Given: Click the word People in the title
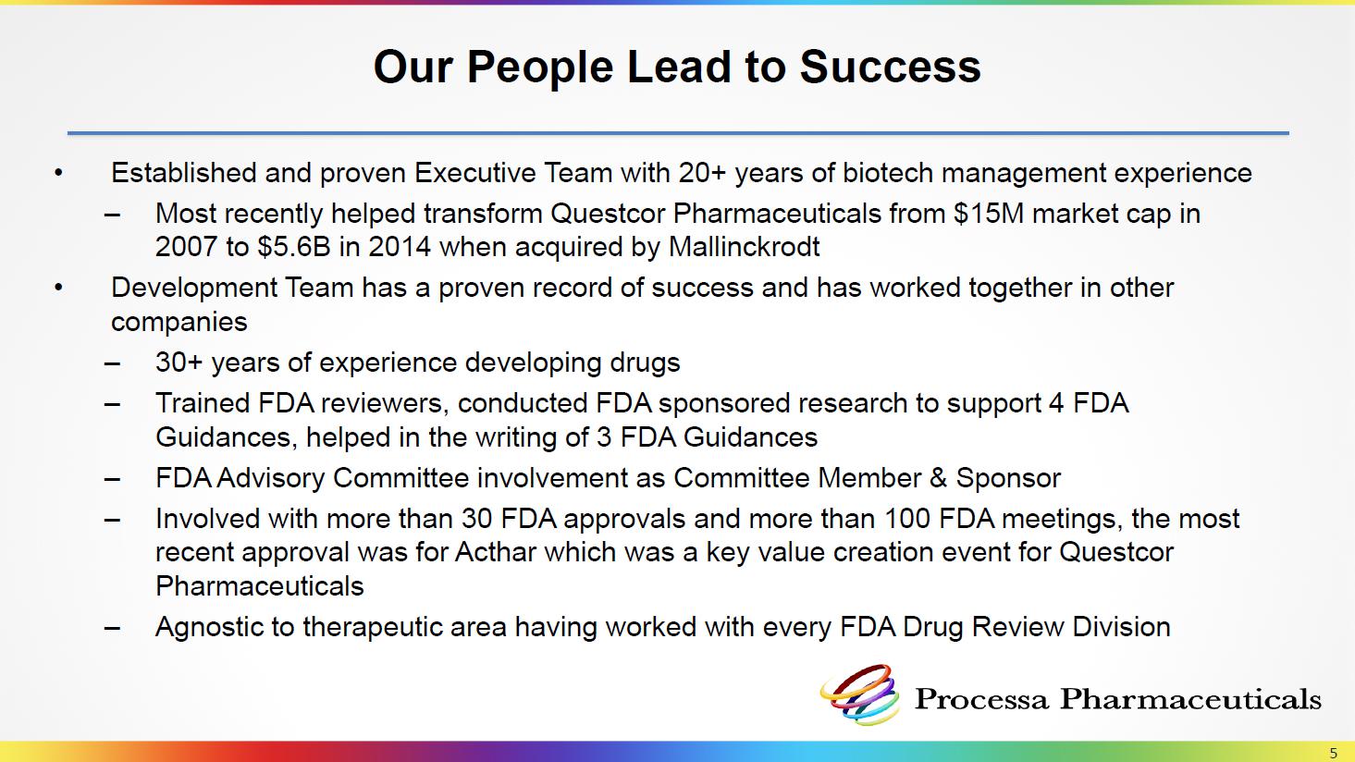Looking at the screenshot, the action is pyautogui.click(x=540, y=68).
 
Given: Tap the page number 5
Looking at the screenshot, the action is pyautogui.click(x=1333, y=753).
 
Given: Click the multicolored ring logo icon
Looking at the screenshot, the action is pyautogui.click(x=859, y=694).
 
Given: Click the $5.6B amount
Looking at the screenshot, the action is pyautogui.click(x=293, y=247).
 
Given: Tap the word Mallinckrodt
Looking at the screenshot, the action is pyautogui.click(x=744, y=247).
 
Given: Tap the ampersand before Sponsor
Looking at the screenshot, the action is pyautogui.click(x=938, y=478).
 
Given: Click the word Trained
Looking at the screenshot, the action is pyautogui.click(x=203, y=403).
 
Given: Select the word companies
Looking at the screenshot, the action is pyautogui.click(x=179, y=322).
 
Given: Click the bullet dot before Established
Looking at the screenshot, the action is pyautogui.click(x=58, y=174).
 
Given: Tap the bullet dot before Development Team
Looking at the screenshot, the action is pyautogui.click(x=58, y=289).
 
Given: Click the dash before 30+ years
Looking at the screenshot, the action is pyautogui.click(x=112, y=363).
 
